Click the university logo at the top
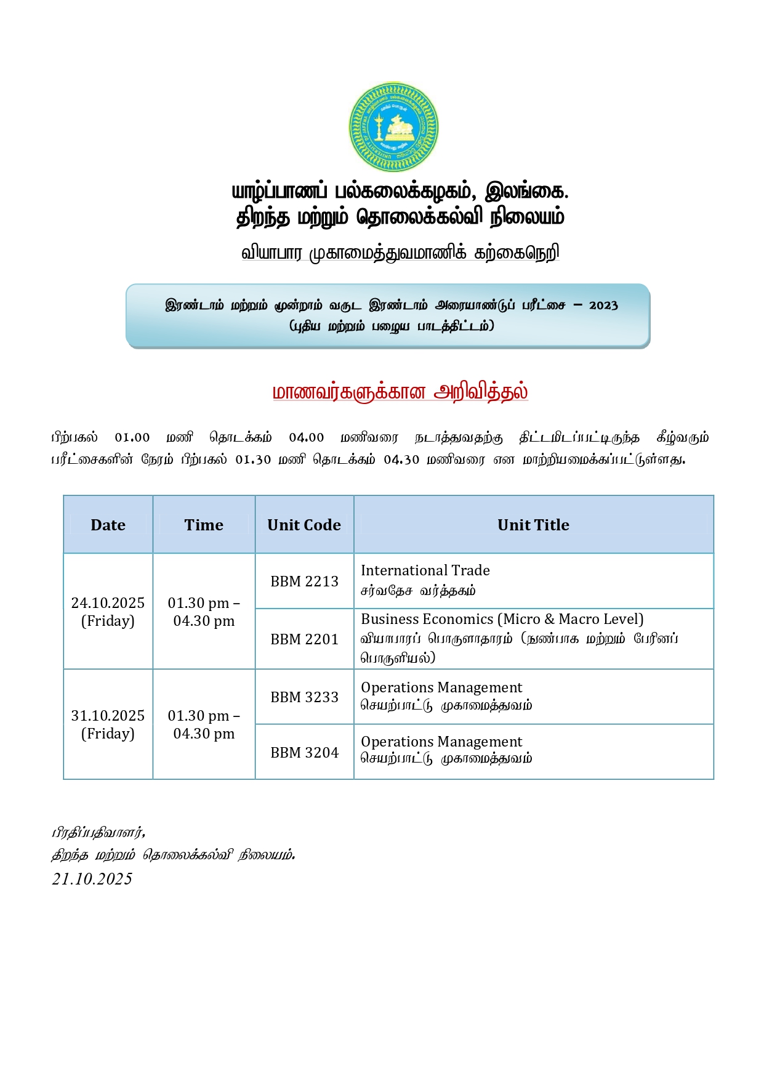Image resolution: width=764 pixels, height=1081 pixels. [x=393, y=128]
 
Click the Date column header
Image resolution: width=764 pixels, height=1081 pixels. [x=108, y=525]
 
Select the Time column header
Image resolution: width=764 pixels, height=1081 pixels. [x=204, y=525]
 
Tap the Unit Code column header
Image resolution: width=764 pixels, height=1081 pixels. [x=304, y=525]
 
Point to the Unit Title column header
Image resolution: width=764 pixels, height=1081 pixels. [x=533, y=525]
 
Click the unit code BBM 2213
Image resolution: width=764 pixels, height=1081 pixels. [x=304, y=581]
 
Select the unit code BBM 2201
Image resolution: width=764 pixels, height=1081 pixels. [x=304, y=639]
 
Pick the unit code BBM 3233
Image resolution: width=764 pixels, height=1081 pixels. [x=304, y=697]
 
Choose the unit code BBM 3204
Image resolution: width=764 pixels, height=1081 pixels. [x=304, y=753]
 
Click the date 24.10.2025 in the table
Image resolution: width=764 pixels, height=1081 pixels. [x=108, y=603]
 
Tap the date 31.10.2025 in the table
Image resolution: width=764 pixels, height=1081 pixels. [x=108, y=716]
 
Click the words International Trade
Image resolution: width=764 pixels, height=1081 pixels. [x=425, y=570]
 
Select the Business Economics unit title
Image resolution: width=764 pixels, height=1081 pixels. [x=502, y=619]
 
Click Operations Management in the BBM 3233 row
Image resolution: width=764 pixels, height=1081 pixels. [x=441, y=687]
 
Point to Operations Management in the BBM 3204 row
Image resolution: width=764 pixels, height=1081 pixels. [x=441, y=742]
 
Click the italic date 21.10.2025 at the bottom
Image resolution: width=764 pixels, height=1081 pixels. [x=92, y=879]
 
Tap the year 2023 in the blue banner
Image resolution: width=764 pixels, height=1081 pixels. [x=603, y=306]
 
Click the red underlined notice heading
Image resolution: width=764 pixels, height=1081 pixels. [x=400, y=392]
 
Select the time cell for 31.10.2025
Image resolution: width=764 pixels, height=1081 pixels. [x=204, y=724]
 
